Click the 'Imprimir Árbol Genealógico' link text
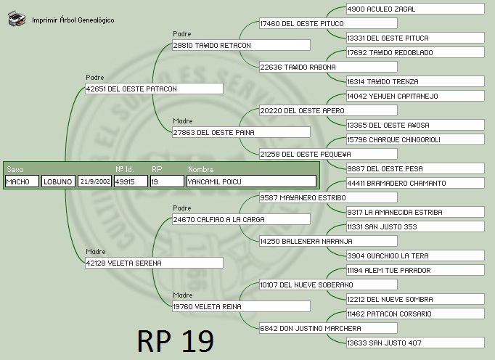pyautogui.click(x=73, y=20)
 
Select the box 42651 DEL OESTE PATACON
pyautogui.click(x=153, y=89)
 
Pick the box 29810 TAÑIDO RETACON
pyautogui.click(x=240, y=45)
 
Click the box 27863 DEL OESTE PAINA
pyautogui.click(x=240, y=132)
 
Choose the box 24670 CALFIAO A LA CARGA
pyautogui.click(x=240, y=219)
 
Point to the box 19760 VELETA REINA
pyautogui.click(x=240, y=306)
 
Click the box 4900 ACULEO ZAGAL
pyautogui.click(x=414, y=9)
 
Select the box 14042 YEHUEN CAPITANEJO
pyautogui.click(x=414, y=96)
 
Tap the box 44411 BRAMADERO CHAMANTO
pyautogui.click(x=414, y=183)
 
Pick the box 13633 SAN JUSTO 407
pyautogui.click(x=414, y=343)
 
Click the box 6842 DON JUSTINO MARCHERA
pyautogui.click(x=327, y=328)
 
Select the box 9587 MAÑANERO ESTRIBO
pyautogui.click(x=327, y=197)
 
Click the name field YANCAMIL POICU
pyautogui.click(x=250, y=181)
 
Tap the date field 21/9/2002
pyautogui.click(x=94, y=181)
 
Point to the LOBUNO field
pyautogui.click(x=57, y=181)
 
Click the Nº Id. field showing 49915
pyautogui.click(x=131, y=181)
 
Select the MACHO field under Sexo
pyautogui.click(x=22, y=181)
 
